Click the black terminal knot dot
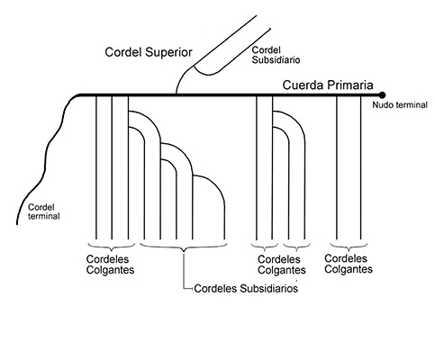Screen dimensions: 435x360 pyautogui.click(x=382, y=95)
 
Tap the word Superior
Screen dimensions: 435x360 pyautogui.click(x=168, y=52)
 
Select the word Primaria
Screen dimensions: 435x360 pyautogui.click(x=350, y=85)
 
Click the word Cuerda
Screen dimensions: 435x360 pyautogui.click(x=304, y=85)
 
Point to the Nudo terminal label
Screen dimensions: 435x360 pyautogui.click(x=400, y=105)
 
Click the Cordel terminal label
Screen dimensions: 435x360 pyautogui.click(x=44, y=211)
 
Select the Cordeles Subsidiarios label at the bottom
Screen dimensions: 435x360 pyautogui.click(x=246, y=288)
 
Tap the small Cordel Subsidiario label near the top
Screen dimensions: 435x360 pyautogui.click(x=276, y=55)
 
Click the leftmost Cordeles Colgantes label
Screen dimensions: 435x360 pyautogui.click(x=110, y=265)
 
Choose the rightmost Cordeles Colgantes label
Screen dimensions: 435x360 pyautogui.click(x=349, y=264)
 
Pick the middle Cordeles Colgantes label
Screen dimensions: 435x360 pyautogui.click(x=282, y=265)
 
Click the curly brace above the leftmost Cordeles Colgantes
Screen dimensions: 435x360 pyautogui.click(x=112, y=247)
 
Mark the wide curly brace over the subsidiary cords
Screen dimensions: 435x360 pyautogui.click(x=184, y=247)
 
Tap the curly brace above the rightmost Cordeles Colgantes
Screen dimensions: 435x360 pyautogui.click(x=349, y=247)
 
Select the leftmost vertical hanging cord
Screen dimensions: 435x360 pyautogui.click(x=95, y=167)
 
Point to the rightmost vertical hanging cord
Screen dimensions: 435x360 pyautogui.click(x=360, y=167)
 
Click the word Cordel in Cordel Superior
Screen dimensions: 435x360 pyautogui.click(x=123, y=52)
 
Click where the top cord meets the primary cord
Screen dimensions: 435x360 pyautogui.click(x=176, y=94)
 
